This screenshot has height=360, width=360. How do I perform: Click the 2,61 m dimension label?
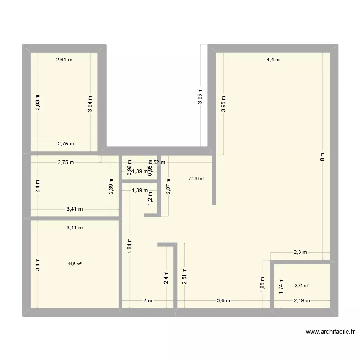pyautogui.click(x=64, y=60)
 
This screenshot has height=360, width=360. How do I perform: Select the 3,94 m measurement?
pyautogui.click(x=90, y=104)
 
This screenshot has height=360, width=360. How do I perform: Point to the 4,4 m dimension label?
pyautogui.click(x=273, y=60)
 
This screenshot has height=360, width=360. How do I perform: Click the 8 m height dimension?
pyautogui.click(x=323, y=156)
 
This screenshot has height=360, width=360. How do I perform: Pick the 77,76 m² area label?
pyautogui.click(x=196, y=178)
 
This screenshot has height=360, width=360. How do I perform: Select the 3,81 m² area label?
pyautogui.click(x=301, y=285)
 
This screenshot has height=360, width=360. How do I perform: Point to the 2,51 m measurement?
pyautogui.click(x=184, y=276)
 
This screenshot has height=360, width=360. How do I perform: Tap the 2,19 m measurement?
pyautogui.click(x=302, y=301)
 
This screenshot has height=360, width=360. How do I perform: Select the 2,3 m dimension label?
pyautogui.click(x=300, y=252)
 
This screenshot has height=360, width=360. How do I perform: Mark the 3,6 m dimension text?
pyautogui.click(x=224, y=301)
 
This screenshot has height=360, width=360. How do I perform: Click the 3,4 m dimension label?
pyautogui.click(x=38, y=264)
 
